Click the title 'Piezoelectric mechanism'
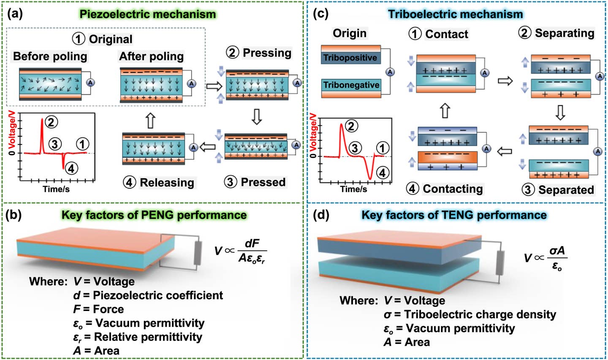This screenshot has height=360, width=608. click(x=148, y=14)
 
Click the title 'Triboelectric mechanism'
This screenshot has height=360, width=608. click(x=455, y=14)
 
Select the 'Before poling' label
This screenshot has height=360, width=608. click(x=50, y=56)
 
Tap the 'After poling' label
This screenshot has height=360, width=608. click(x=151, y=56)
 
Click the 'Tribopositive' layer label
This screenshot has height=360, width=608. click(x=350, y=58)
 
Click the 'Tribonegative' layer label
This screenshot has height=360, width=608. click(x=351, y=85)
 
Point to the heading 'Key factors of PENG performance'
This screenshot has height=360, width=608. click(x=154, y=215)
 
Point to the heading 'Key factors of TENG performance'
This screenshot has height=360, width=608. click(x=454, y=215)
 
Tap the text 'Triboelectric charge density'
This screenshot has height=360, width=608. click(x=480, y=314)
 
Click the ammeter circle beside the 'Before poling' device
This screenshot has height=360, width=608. click(x=90, y=83)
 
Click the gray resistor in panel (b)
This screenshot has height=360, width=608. click(x=197, y=253)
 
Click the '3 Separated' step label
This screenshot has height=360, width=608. click(x=558, y=189)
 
